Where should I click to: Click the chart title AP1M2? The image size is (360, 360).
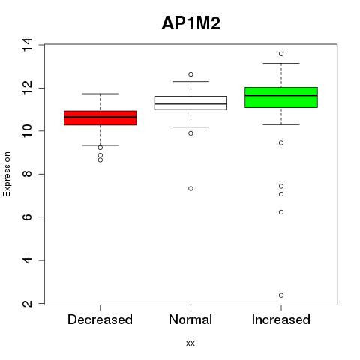coord(191,23)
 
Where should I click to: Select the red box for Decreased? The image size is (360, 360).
coord(100,118)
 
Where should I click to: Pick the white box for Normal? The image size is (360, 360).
coord(190,103)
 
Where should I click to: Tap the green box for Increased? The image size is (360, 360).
coord(281,97)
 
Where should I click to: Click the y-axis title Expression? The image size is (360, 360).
coord(7,174)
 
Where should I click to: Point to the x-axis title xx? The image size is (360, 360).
coord(190,343)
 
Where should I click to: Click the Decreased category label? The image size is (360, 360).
coord(100,319)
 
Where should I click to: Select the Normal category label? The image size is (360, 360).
coord(190,319)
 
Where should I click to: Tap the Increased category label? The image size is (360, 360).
coord(281,319)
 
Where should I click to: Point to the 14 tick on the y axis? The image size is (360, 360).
coord(27,45)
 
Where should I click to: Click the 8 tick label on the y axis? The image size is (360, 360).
coord(27,174)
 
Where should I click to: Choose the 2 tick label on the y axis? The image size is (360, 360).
coord(27,304)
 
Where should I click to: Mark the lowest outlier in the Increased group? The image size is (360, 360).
coord(281,295)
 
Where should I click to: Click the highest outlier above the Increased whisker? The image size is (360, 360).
coord(281,54)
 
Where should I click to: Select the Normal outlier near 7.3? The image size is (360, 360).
coord(190,188)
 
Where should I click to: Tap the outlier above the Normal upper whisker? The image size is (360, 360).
coord(190,74)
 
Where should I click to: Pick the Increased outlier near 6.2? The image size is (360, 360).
coord(281,212)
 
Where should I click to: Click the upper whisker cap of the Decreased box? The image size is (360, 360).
coord(100,94)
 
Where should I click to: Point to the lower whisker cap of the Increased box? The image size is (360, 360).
coord(281,124)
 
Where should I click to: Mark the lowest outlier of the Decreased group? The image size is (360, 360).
coord(100,160)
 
